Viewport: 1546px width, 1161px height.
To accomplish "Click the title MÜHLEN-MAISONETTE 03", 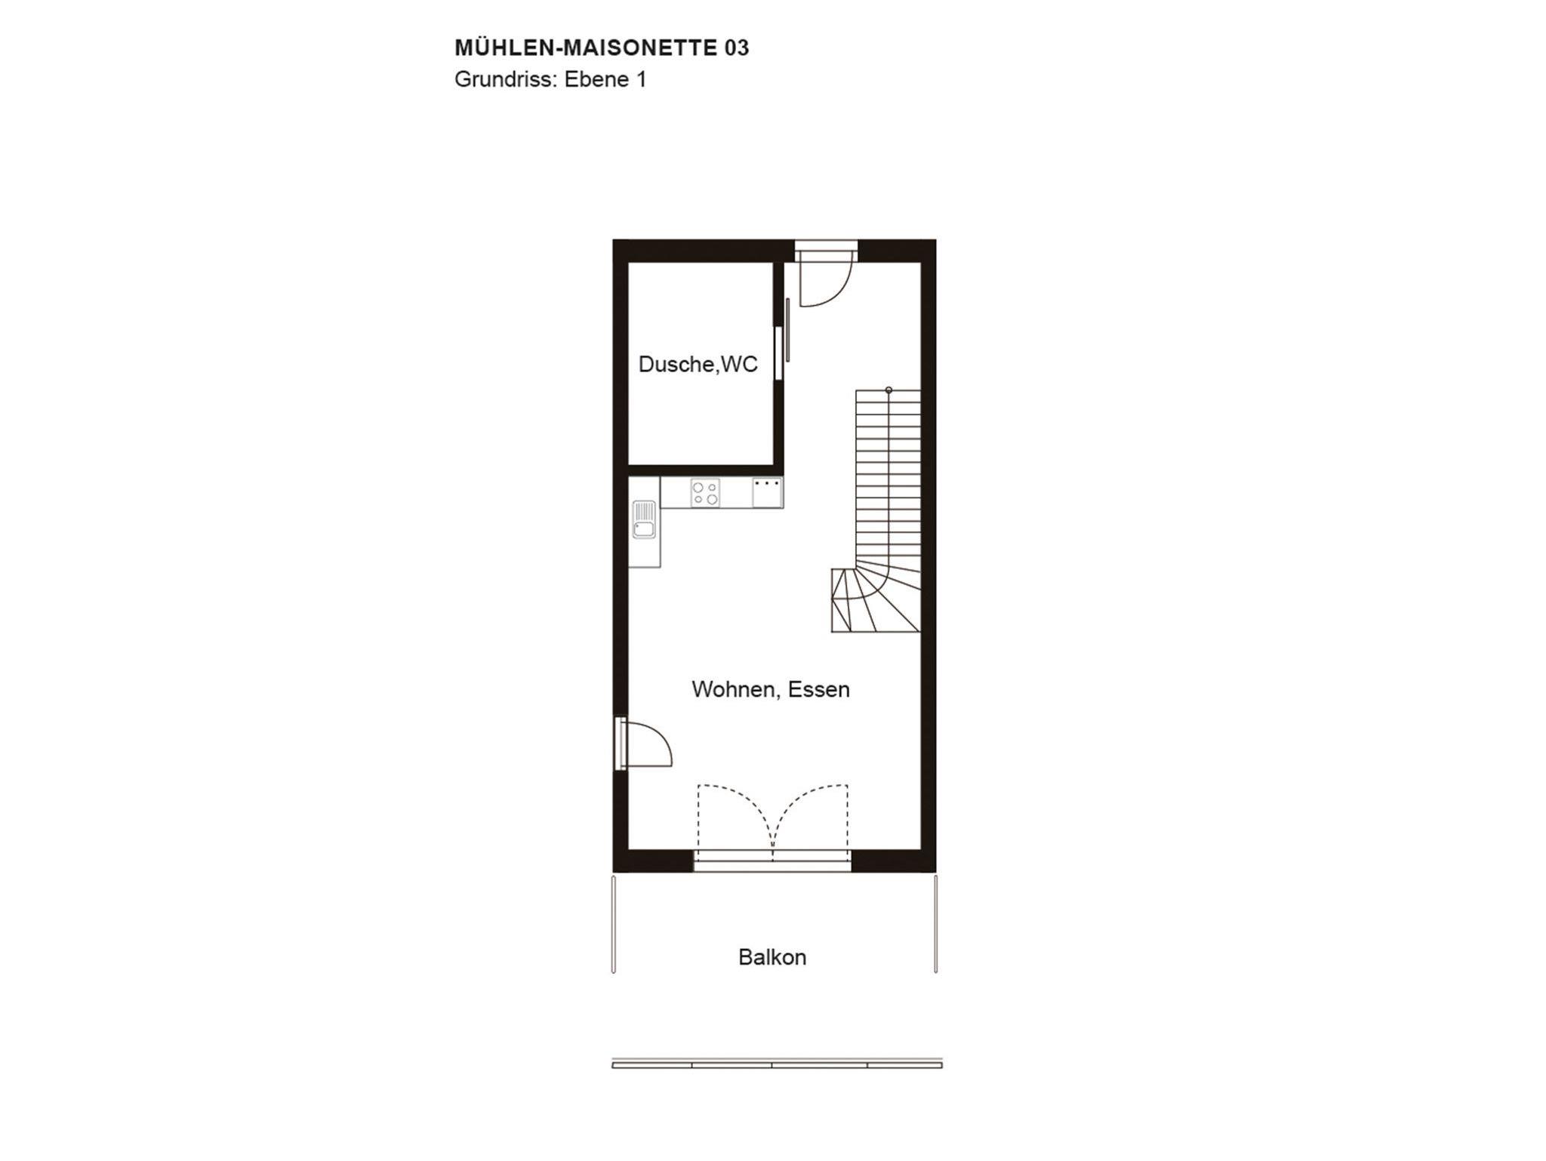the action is [x=602, y=48].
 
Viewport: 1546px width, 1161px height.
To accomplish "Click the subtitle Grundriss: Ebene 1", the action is [x=550, y=80].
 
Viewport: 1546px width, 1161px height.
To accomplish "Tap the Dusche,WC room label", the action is [x=698, y=364].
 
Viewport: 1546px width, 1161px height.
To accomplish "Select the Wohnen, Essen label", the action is [x=771, y=689].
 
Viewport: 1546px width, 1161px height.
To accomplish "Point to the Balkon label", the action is [x=772, y=957].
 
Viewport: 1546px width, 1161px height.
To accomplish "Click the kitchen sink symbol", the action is [x=644, y=519].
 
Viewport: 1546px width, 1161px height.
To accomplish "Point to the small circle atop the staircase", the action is [x=888, y=390].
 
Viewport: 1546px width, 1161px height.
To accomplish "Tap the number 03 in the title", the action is [x=737, y=48].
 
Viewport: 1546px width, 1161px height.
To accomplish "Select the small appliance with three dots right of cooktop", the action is [x=767, y=493].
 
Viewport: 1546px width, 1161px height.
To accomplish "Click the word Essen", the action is [x=819, y=689].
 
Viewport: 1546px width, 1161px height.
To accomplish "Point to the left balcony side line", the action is [x=613, y=924].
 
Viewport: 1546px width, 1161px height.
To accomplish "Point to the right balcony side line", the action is [x=936, y=924].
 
